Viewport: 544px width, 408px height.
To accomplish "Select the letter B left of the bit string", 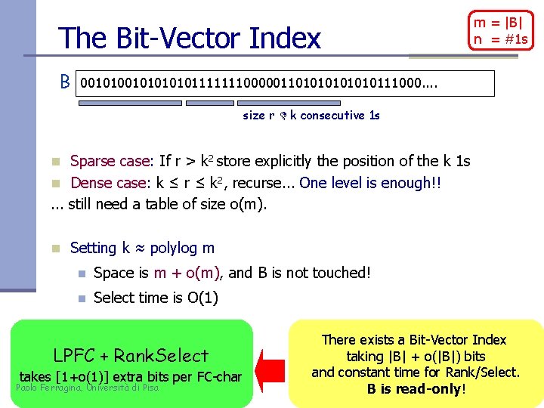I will [66, 81].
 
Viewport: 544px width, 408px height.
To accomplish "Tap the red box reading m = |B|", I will [501, 30].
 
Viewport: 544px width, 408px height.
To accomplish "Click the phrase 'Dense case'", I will [110, 182].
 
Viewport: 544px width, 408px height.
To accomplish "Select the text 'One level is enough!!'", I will [370, 182].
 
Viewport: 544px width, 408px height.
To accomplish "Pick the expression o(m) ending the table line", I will [246, 204].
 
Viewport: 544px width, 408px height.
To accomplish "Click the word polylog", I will [175, 248].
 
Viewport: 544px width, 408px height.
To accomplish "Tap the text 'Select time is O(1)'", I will [156, 298].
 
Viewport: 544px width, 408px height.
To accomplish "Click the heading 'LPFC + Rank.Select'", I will [131, 355].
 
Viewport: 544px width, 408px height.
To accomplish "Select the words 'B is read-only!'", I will [416, 389].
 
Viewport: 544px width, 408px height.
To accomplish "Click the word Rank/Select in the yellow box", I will [481, 372].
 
